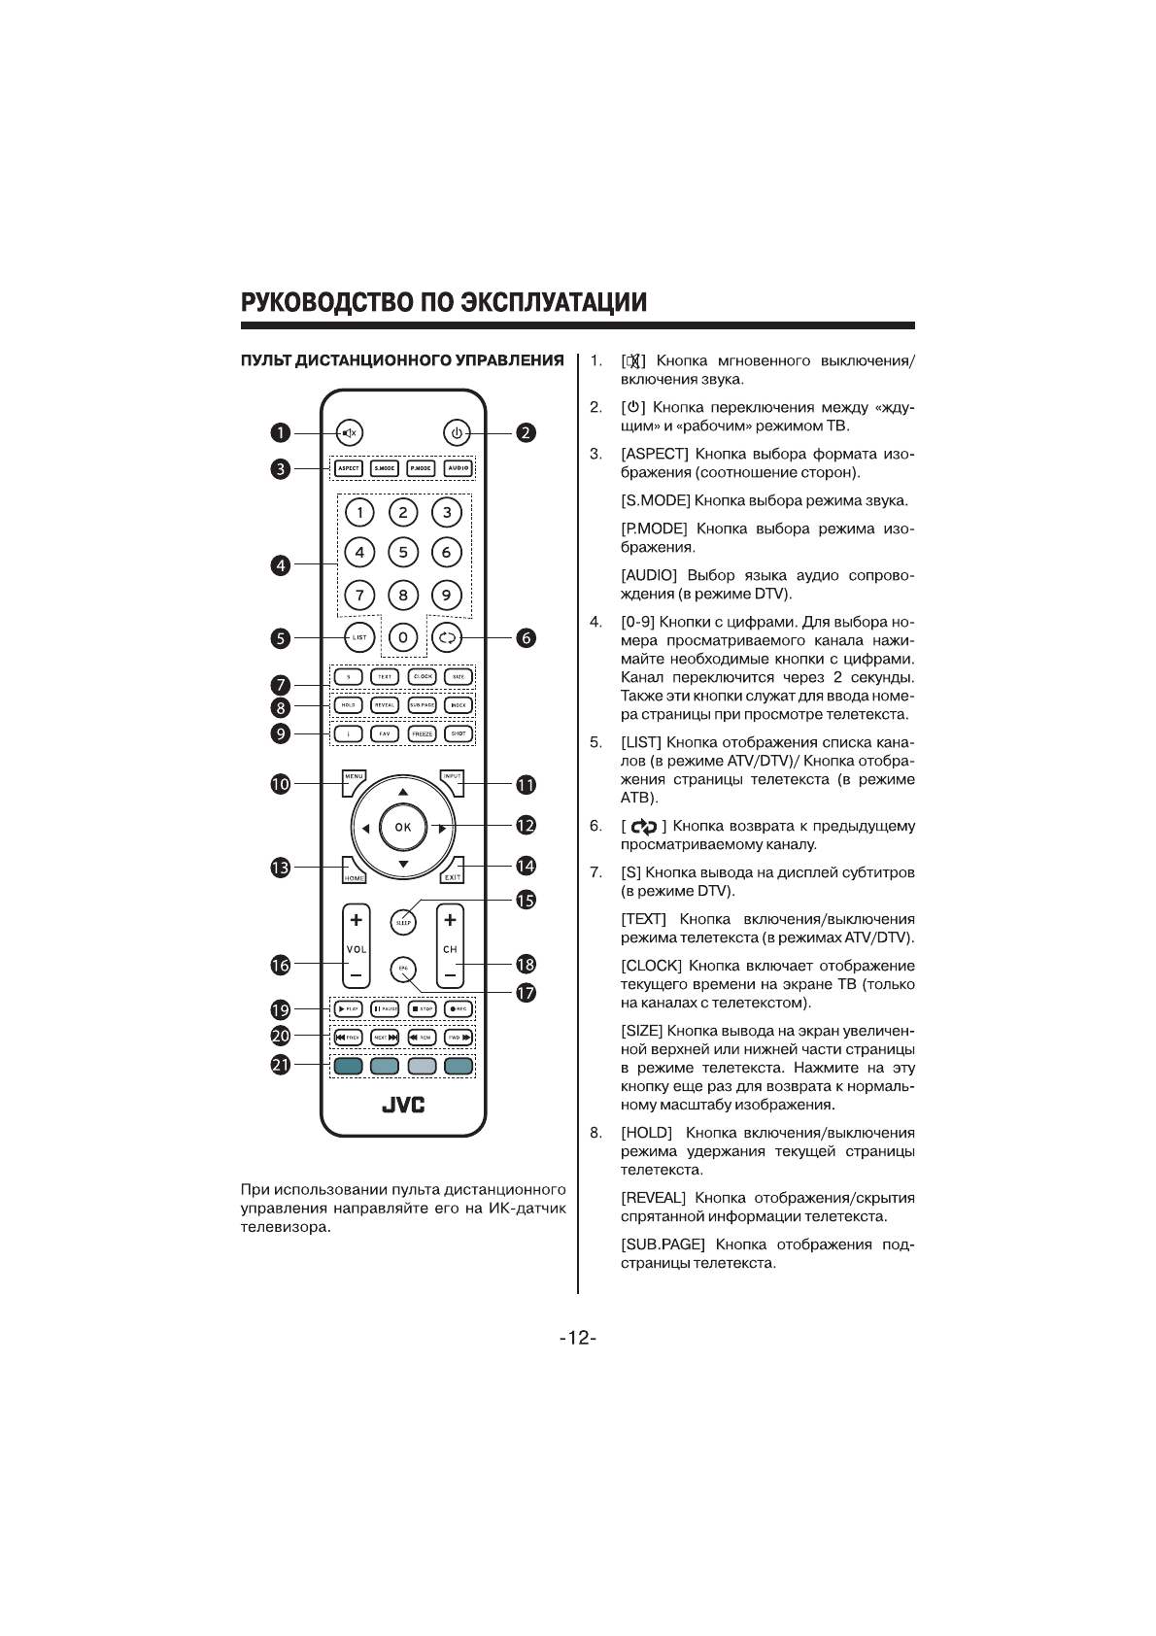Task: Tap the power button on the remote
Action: coord(459,432)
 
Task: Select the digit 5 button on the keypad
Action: coord(403,552)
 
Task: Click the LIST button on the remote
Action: coord(359,637)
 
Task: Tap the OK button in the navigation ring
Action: coord(403,828)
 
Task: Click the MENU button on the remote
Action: coord(353,777)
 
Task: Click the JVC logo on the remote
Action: coord(403,1106)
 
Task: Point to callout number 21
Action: coord(281,1065)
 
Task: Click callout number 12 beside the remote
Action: coord(526,826)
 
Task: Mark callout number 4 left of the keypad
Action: coord(281,565)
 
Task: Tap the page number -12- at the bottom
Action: coord(578,1338)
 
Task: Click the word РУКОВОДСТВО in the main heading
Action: coord(326,301)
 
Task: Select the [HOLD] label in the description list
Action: coord(646,1133)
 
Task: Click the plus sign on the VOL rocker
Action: coord(357,919)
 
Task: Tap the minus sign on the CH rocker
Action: coord(450,973)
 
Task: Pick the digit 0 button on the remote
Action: coord(403,637)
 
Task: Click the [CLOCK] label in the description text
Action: coord(652,966)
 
